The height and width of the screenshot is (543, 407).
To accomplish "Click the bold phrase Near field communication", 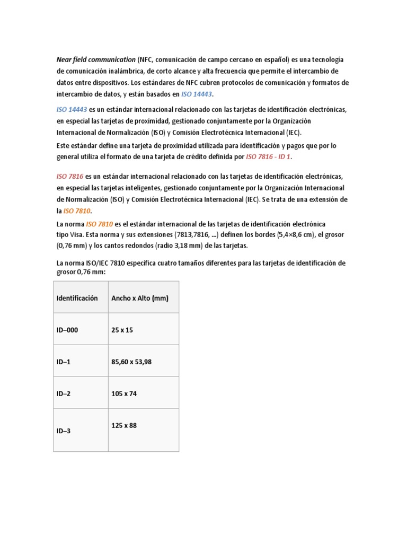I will [96, 60].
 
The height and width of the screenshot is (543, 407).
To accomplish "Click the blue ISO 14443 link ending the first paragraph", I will [197, 94].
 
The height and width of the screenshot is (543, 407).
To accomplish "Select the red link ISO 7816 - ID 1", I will [269, 157].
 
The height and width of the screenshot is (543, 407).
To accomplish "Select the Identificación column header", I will [77, 298].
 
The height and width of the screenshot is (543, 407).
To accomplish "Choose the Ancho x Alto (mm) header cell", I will [139, 298].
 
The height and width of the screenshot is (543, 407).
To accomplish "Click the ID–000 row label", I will [67, 330].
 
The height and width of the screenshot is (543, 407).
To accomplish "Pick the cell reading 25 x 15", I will [122, 330].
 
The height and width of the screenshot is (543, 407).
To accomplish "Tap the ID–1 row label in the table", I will [64, 362].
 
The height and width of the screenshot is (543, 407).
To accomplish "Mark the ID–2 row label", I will [64, 393].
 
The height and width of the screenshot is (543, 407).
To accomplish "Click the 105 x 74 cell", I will [125, 393].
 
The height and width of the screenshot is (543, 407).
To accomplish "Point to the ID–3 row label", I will [64, 431].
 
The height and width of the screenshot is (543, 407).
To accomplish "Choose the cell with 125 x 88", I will [124, 425].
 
